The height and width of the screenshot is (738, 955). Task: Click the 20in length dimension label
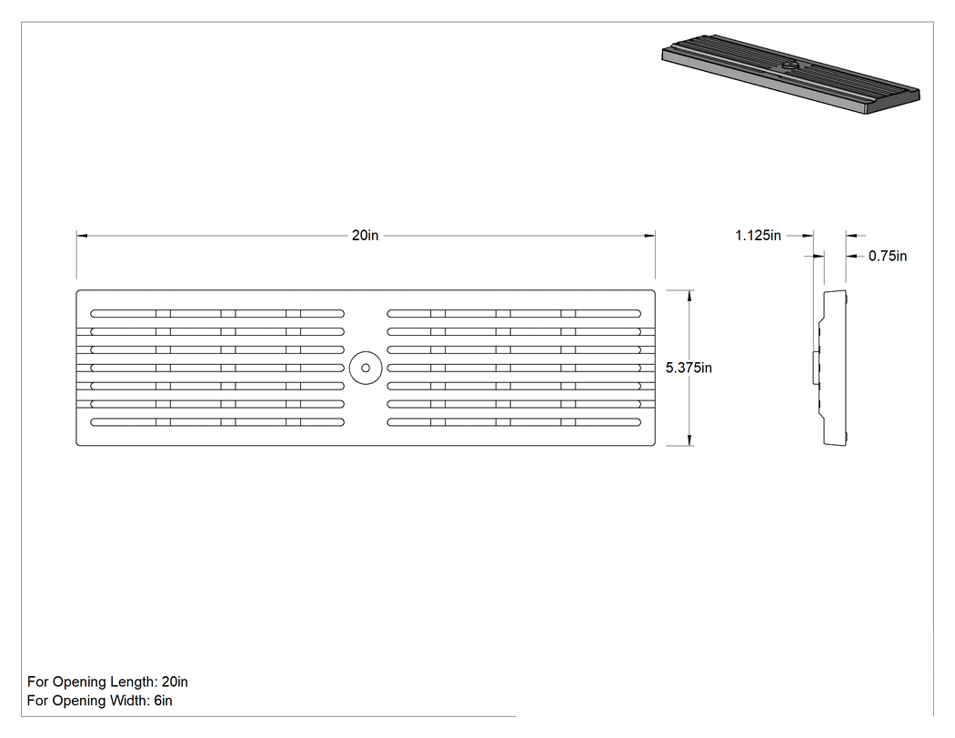[365, 236]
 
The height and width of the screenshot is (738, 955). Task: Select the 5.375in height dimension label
[689, 368]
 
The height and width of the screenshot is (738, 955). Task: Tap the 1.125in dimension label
[758, 236]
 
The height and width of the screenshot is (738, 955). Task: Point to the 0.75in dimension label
[888, 256]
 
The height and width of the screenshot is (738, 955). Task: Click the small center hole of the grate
[366, 368]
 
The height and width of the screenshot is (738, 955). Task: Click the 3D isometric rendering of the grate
[790, 74]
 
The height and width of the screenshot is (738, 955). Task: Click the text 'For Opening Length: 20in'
[107, 682]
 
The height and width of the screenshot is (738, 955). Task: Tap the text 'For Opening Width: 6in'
[99, 700]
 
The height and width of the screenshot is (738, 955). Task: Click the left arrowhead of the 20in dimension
[82, 236]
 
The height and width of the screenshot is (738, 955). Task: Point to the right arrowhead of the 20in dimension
[650, 236]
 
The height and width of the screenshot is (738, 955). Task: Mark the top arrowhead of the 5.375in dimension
[689, 296]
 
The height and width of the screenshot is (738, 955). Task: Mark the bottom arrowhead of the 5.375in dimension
[689, 440]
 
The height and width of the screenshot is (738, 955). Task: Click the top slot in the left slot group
[217, 314]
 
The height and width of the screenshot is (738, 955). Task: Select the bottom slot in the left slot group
[217, 421]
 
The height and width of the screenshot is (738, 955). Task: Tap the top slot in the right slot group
[514, 314]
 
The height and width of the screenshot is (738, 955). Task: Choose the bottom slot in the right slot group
[514, 421]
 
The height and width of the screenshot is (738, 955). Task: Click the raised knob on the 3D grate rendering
[790, 66]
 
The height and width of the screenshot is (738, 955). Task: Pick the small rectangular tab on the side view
[816, 368]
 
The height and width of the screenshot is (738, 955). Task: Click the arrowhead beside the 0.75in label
[851, 256]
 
